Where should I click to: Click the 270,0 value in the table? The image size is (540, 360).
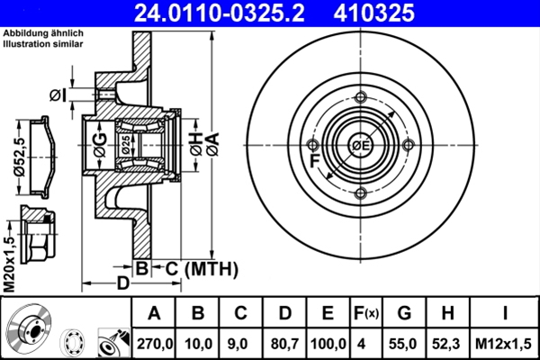coord(154,343)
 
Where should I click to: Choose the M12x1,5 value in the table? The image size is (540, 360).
coord(506,343)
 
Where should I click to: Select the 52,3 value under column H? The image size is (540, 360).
coord(447,343)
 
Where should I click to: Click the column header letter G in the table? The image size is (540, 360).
coord(404,313)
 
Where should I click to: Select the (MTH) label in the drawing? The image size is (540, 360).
coord(210,268)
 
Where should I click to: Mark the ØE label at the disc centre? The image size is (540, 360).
coord(361,147)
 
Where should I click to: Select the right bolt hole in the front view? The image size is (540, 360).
coord(409,147)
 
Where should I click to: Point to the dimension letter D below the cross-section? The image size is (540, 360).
coord(123,283)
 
